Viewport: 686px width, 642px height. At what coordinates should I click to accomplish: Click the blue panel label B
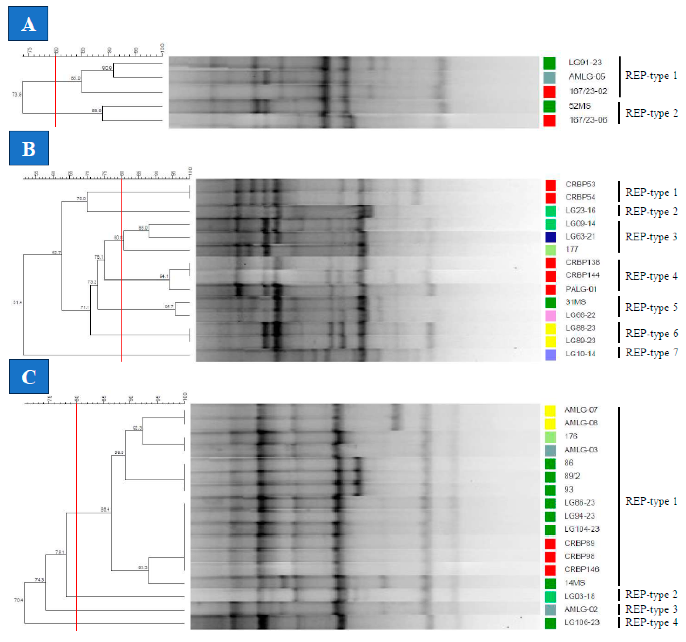tap(29, 148)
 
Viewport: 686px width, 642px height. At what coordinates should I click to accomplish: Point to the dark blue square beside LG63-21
tap(550, 237)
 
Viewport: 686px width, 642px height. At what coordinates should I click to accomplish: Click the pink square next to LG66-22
tap(550, 315)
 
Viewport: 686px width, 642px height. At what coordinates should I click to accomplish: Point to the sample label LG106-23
tap(582, 622)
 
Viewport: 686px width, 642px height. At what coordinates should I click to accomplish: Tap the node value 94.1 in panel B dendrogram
tap(164, 276)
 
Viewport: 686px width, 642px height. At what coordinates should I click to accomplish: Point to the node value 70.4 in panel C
tap(19, 600)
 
